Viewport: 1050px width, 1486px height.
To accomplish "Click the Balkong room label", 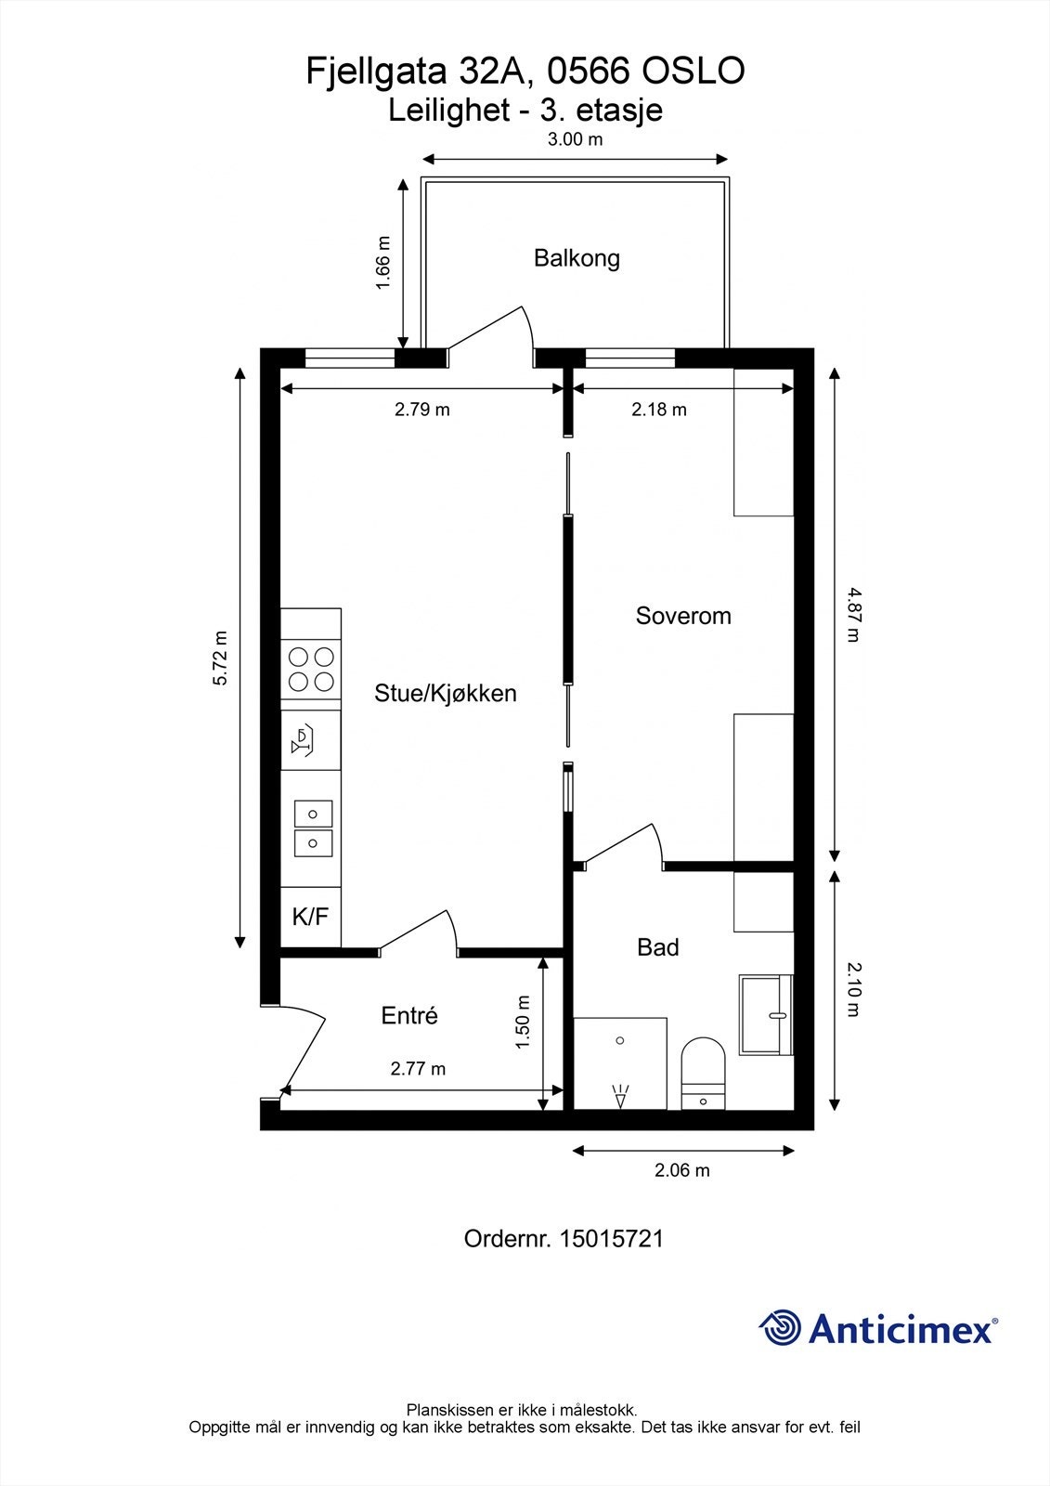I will click(x=577, y=258).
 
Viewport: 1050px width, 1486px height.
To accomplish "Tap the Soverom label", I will click(x=683, y=616).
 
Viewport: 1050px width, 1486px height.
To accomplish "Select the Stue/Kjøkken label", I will click(x=445, y=693).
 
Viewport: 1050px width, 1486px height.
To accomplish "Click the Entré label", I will click(x=409, y=1015).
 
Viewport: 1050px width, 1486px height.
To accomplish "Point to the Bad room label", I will click(x=657, y=947).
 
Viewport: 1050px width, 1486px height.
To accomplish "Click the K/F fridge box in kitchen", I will click(x=310, y=917).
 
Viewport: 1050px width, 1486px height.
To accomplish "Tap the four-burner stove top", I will click(x=311, y=669).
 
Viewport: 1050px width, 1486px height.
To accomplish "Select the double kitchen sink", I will click(x=312, y=828).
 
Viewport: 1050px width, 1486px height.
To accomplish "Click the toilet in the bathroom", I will click(x=703, y=1073).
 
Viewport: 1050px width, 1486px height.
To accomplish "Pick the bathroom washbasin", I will click(x=766, y=1014).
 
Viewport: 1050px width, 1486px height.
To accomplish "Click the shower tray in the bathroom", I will click(x=620, y=1063).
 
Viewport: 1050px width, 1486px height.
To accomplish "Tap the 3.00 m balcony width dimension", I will click(x=575, y=140).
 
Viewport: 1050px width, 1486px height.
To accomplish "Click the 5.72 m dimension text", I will click(x=220, y=658).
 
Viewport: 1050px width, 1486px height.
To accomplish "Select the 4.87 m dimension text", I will click(x=852, y=614).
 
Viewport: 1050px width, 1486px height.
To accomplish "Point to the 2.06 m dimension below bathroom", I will click(x=682, y=1170).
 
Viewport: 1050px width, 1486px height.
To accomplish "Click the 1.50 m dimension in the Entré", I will click(x=523, y=1023).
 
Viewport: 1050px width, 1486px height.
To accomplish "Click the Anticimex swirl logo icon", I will click(x=780, y=1328).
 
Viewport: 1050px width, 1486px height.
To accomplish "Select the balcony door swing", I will click(x=490, y=332).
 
